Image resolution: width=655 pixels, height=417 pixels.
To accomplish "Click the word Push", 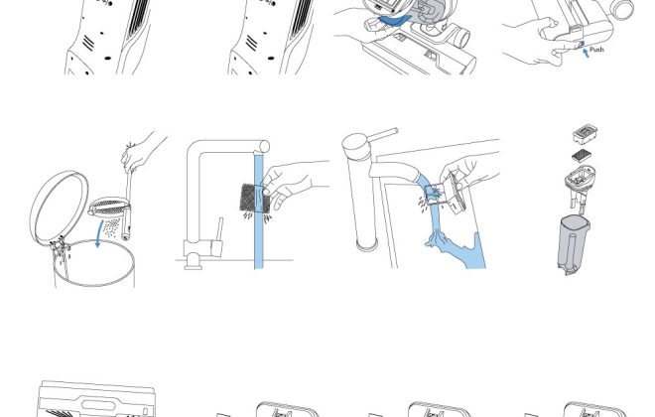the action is pos(596,50).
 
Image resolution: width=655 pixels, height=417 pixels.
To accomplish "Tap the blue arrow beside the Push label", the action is pos(587,53).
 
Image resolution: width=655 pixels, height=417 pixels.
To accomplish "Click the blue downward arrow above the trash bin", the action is pos(99,234).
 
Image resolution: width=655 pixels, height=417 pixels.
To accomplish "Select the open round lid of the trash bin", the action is pos(60,208).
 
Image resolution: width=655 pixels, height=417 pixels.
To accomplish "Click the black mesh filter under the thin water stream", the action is pos(251,198).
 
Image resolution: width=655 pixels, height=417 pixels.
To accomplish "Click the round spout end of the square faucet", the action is pos(264,147).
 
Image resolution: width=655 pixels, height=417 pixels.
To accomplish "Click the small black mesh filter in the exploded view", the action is pos(582,156).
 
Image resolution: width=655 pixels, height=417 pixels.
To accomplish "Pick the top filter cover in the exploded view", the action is pos(585,134).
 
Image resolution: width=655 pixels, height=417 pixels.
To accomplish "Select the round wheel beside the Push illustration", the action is pos(623,9).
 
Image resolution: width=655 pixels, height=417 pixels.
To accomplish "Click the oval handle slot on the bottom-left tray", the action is pos(98,405).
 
